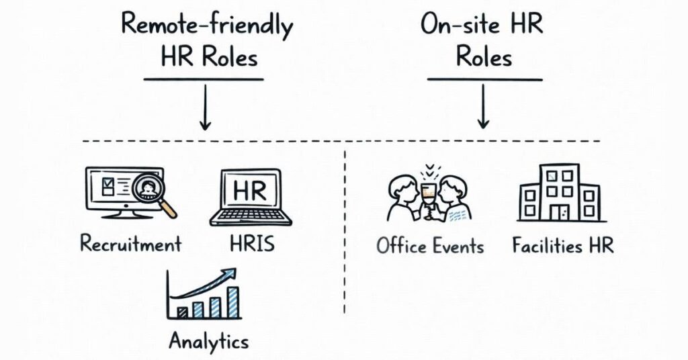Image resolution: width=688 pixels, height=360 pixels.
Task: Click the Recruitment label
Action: click(130, 243)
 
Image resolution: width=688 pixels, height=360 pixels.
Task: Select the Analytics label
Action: click(208, 341)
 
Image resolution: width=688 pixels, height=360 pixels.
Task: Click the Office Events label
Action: click(430, 246)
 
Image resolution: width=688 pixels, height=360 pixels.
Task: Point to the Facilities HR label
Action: click(563, 246)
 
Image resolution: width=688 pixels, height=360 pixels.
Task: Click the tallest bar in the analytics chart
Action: click(232, 302)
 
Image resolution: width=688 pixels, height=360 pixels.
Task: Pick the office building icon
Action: click(559, 193)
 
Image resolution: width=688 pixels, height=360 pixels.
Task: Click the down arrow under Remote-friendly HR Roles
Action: click(206, 111)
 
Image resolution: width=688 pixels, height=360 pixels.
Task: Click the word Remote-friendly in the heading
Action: click(207, 27)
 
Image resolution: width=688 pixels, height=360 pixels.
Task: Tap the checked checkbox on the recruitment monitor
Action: click(107, 183)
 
